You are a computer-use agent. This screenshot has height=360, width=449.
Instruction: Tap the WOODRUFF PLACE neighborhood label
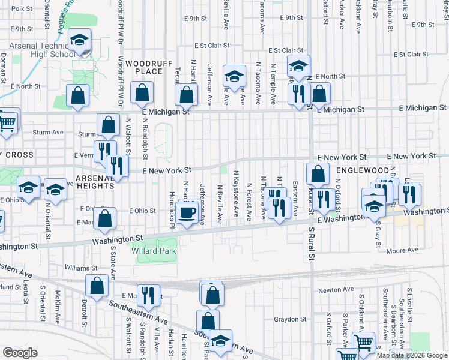144,68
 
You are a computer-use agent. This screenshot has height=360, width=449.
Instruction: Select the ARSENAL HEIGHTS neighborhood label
94,182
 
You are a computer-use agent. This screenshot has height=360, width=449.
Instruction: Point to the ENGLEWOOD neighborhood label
359,170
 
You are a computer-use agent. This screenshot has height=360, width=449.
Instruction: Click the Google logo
20,353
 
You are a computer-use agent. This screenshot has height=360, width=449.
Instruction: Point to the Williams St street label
81,268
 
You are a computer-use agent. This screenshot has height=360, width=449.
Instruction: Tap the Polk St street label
22,8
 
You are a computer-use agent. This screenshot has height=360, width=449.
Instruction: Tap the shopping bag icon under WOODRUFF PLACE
142,93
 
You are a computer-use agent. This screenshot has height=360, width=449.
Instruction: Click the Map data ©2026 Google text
412,355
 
